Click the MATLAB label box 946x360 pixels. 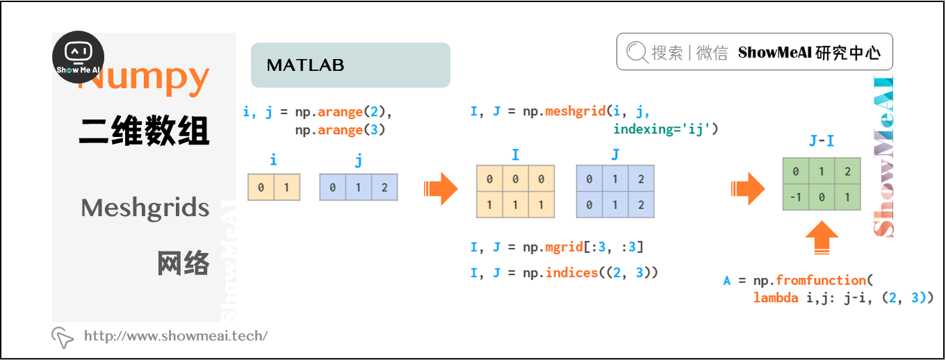click(350, 65)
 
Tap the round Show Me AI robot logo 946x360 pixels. click(79, 57)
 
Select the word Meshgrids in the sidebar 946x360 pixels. click(145, 207)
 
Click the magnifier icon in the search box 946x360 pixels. click(637, 53)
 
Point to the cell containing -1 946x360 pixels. click(795, 197)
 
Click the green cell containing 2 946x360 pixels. click(847, 172)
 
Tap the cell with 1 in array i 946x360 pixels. click(286, 188)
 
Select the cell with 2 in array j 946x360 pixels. click(384, 188)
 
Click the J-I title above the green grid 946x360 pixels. click(821, 141)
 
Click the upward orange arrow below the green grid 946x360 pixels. click(821, 238)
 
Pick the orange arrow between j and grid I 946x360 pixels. click(440, 188)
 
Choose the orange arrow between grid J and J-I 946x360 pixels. click(747, 188)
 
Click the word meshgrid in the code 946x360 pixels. click(575, 111)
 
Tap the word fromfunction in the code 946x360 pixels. click(820, 280)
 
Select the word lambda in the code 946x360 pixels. click(775, 298)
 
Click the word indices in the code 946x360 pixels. click(571, 272)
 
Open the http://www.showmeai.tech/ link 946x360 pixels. click(175, 336)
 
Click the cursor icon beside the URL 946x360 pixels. click(63, 337)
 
